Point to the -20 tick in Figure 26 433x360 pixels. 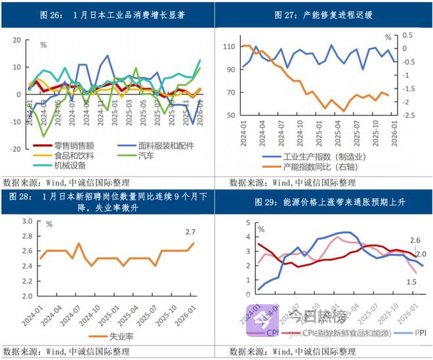click(x=14, y=149)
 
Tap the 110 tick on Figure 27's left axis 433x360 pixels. click(x=228, y=47)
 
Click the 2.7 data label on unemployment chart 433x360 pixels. click(x=191, y=231)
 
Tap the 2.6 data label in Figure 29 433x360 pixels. click(x=415, y=241)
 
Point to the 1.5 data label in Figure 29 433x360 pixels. click(x=411, y=282)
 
